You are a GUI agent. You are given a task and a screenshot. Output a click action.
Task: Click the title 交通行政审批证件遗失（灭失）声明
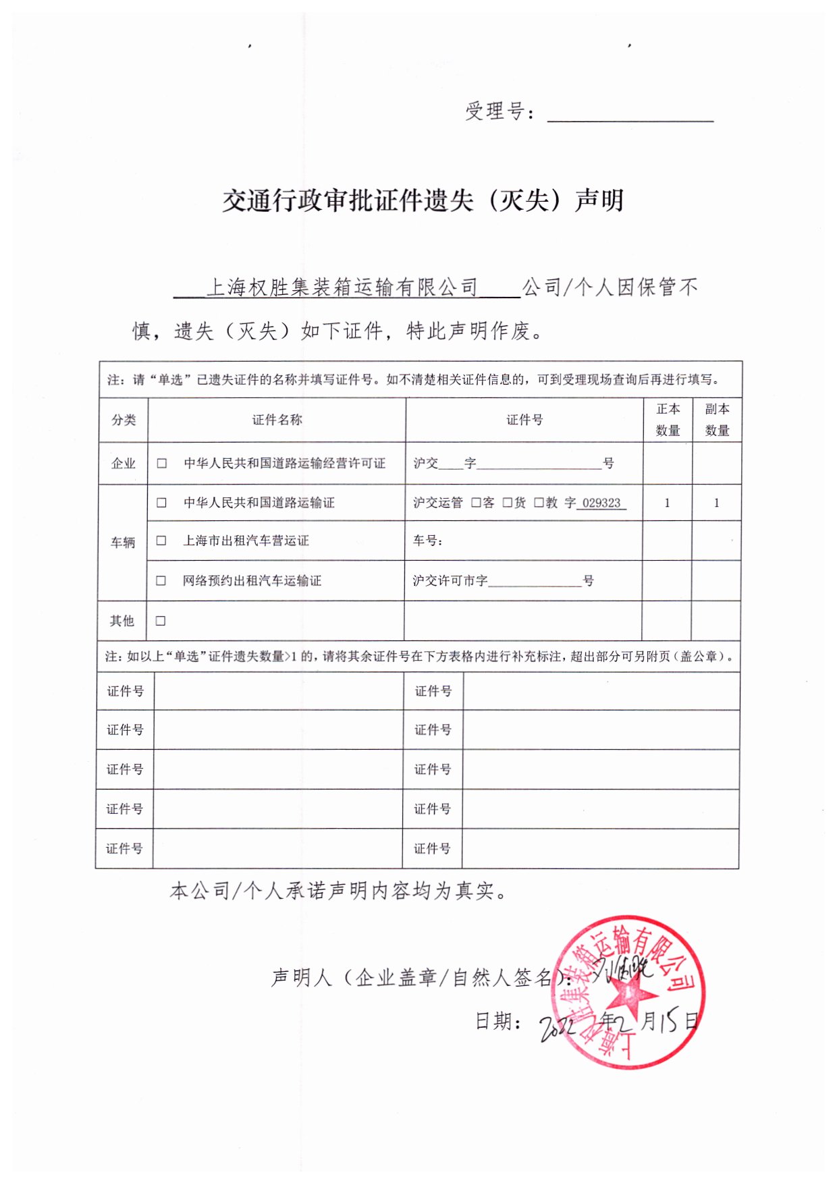[423, 200]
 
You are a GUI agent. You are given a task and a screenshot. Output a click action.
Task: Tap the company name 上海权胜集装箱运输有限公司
[342, 287]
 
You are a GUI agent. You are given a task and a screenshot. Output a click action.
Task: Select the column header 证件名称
[277, 420]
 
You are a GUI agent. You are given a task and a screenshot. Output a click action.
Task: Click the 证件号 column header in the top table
[524, 420]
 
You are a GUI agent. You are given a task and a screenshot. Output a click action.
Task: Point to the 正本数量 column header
[668, 419]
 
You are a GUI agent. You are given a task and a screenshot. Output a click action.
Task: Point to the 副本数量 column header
[717, 419]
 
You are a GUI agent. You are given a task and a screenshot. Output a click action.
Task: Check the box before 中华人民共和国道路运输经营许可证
[162, 464]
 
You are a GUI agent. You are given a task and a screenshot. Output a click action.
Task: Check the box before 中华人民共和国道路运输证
[161, 503]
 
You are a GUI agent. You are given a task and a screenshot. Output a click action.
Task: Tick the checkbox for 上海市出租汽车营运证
[161, 541]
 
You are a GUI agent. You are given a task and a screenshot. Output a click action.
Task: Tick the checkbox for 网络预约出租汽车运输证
[161, 580]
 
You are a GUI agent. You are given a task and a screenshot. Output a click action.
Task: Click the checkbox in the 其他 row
[161, 621]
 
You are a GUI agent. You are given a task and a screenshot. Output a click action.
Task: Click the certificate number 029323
[601, 503]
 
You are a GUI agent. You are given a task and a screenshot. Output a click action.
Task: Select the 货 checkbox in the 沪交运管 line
[508, 503]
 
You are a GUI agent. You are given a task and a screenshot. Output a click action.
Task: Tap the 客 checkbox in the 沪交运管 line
[476, 503]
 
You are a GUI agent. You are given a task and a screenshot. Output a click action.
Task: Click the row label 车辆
[123, 542]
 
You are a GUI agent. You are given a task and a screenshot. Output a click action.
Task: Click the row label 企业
[124, 464]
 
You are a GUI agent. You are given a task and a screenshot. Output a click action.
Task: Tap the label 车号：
[428, 541]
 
